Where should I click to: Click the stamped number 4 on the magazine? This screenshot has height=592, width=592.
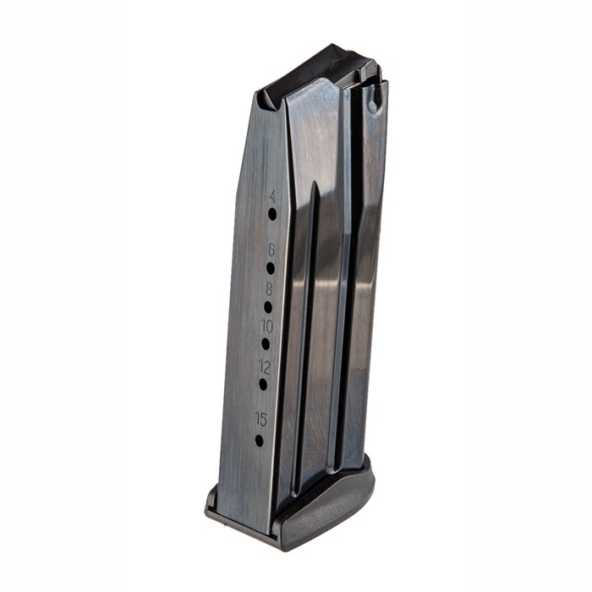pyautogui.click(x=273, y=196)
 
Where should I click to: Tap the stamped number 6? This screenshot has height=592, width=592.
pyautogui.click(x=271, y=249)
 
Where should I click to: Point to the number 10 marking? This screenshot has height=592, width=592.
pyautogui.click(x=266, y=326)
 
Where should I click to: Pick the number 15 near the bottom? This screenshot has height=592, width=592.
pyautogui.click(x=260, y=418)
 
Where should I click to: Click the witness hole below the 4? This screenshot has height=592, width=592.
pyautogui.click(x=272, y=214)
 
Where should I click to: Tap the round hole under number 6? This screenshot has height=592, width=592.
pyautogui.click(x=271, y=267)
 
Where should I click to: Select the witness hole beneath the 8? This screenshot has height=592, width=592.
pyautogui.click(x=268, y=307)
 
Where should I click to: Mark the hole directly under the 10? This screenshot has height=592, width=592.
pyautogui.click(x=266, y=343)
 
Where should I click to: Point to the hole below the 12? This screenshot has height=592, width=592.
pyautogui.click(x=263, y=384)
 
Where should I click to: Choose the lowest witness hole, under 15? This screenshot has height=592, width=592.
pyautogui.click(x=260, y=440)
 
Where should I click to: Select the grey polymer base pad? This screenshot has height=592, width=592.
pyautogui.click(x=330, y=507)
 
